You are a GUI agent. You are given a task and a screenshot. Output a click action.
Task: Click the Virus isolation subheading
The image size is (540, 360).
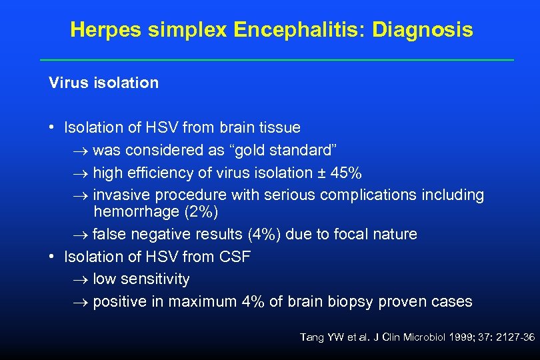point(103,83)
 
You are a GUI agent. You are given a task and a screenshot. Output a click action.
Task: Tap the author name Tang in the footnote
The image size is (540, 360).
point(313,338)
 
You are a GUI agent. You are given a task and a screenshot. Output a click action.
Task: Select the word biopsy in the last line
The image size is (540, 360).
point(351,301)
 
